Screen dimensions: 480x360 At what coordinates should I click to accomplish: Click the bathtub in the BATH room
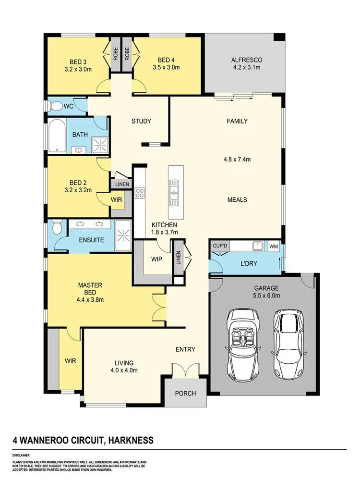[x=57, y=136]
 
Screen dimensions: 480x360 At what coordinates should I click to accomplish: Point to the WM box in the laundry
[x=274, y=246]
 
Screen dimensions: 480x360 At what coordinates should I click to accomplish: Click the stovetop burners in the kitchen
[x=140, y=194]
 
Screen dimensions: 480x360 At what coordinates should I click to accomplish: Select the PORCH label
[x=185, y=393]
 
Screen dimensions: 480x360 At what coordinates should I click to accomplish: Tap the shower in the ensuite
[x=124, y=236]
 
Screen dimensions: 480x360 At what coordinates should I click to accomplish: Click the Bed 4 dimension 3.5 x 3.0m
[x=168, y=68]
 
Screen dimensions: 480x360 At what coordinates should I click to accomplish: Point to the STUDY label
[x=141, y=121]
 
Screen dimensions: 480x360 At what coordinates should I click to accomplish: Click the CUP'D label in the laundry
[x=219, y=246]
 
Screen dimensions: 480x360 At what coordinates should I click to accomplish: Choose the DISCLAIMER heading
[x=21, y=454]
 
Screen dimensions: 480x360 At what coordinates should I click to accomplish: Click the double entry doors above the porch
[x=185, y=370]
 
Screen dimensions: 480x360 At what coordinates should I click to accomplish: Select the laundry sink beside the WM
[x=258, y=246]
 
